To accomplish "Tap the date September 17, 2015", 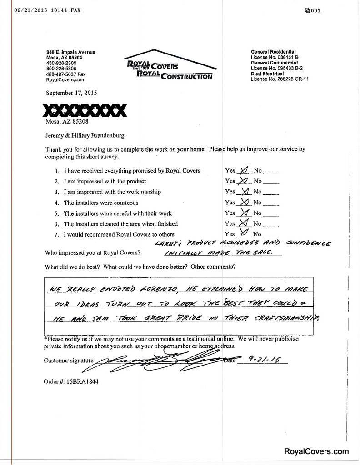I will pos(71,93).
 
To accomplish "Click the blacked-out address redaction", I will pos(85,110).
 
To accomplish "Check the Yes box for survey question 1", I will pos(244,170).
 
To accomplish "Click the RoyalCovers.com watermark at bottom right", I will pos(316,451).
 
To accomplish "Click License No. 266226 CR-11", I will pos(280,79).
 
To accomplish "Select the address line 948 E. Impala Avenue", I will pos(70,52).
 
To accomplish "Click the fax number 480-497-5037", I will pos(65,74).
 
